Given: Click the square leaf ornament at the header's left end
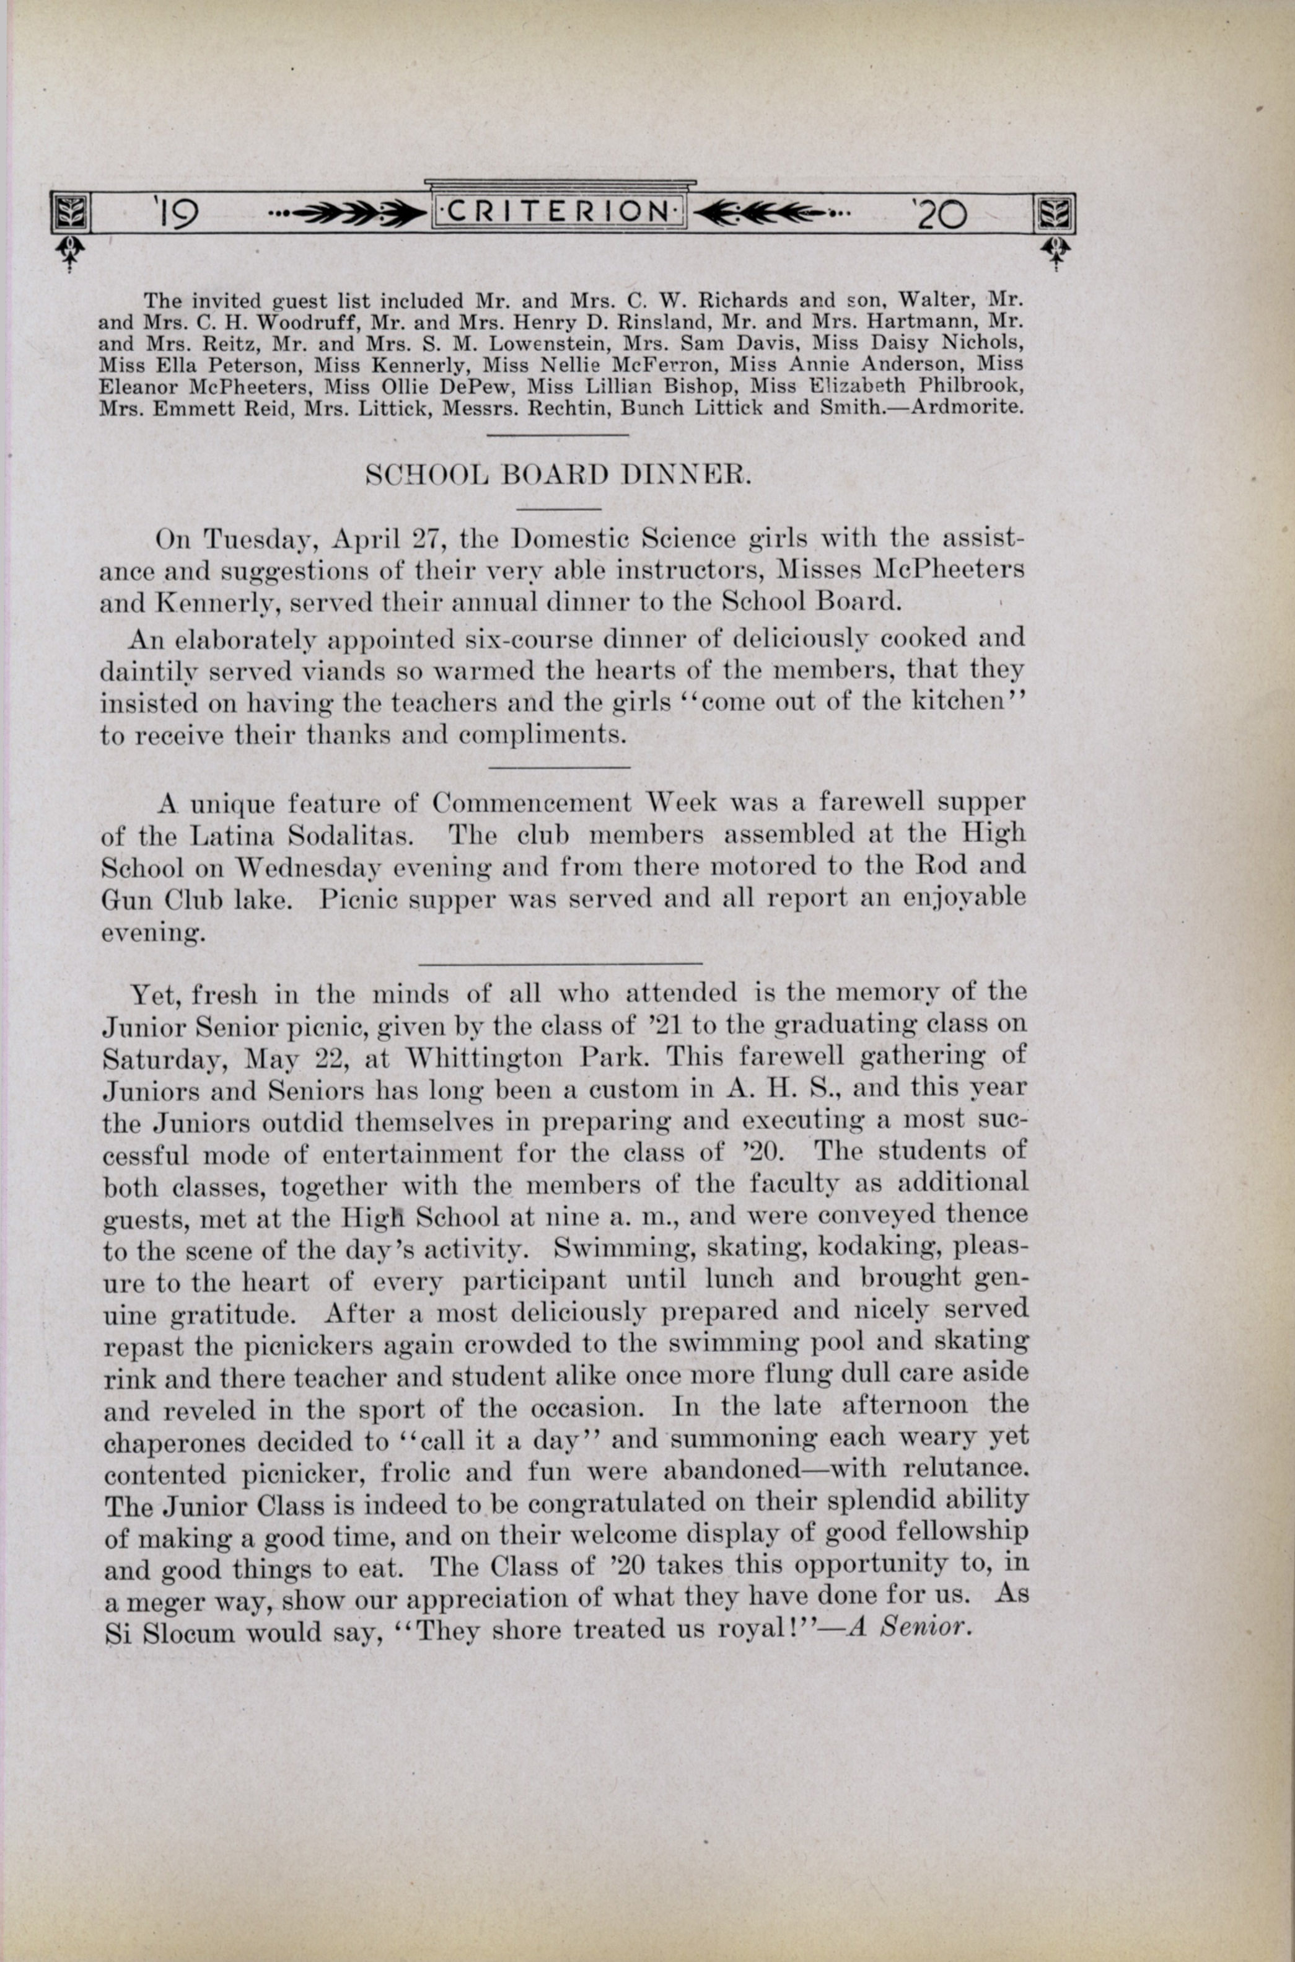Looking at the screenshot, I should tap(69, 213).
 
